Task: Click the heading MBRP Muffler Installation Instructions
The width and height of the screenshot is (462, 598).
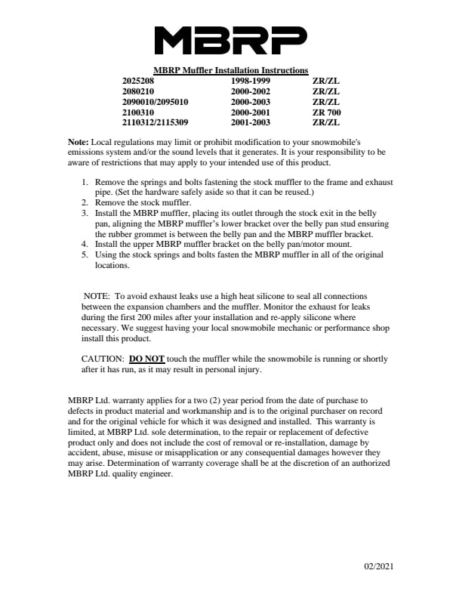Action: (x=230, y=70)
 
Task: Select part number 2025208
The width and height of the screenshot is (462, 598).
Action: (x=138, y=79)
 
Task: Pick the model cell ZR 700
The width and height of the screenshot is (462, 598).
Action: (x=326, y=112)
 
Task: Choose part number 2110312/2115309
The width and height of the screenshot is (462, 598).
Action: (x=156, y=122)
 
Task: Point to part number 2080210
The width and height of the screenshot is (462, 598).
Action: (x=138, y=91)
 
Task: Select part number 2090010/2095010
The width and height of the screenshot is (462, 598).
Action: (x=156, y=101)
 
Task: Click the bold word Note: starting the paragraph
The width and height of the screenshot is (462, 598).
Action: (x=79, y=142)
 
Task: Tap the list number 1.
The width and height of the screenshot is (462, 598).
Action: (x=85, y=183)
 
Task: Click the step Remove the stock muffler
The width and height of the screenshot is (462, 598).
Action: (x=143, y=203)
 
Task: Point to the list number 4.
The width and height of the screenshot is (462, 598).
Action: (x=85, y=245)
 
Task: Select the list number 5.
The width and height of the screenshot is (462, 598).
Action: (x=85, y=255)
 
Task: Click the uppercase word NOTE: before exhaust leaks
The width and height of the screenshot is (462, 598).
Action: (x=97, y=296)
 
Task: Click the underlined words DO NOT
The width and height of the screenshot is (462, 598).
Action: (x=146, y=359)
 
